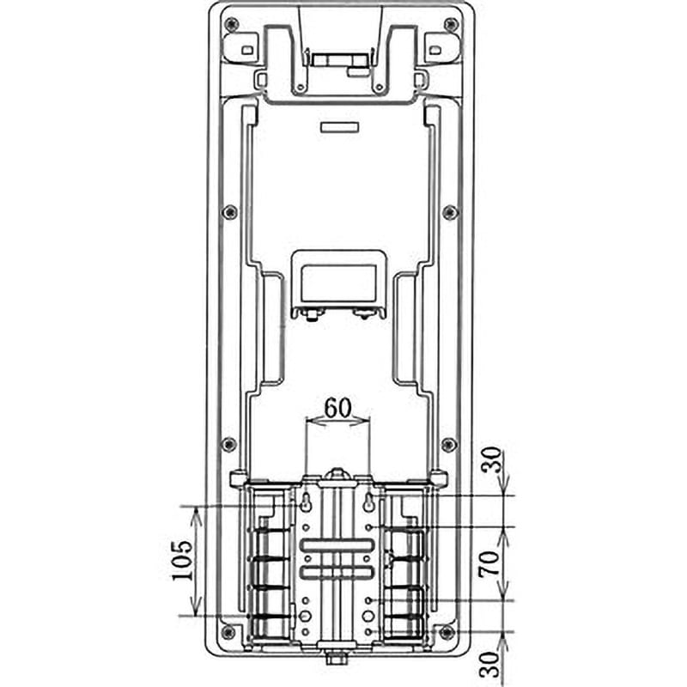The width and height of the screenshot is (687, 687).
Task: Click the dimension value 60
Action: coord(337,409)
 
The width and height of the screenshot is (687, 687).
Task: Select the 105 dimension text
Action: coord(182,561)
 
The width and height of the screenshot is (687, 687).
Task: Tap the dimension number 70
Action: coord(489,563)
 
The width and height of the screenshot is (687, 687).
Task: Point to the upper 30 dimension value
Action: coord(490,459)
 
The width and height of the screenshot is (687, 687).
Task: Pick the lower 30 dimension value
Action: coord(490,665)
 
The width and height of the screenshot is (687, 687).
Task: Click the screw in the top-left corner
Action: coord(231,25)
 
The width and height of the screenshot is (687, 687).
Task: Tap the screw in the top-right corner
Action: coord(451,24)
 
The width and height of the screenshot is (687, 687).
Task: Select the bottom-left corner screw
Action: coord(228,632)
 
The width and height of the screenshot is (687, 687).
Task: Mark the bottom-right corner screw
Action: coord(447,632)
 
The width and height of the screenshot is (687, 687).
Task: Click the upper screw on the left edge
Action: coord(230,213)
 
